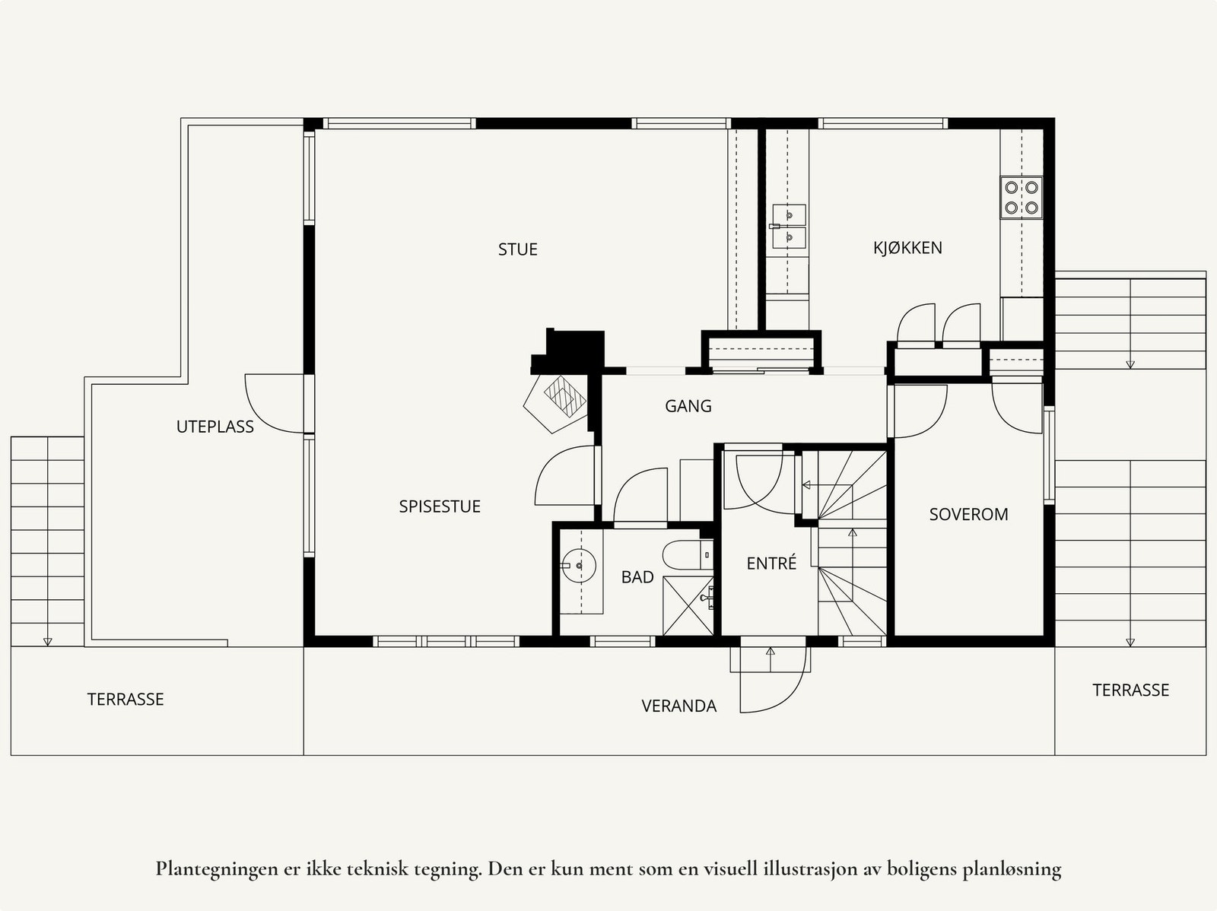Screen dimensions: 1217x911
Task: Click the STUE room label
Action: (517, 249)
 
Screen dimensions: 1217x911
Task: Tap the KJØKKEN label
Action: (907, 247)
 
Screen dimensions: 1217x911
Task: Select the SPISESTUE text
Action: (440, 506)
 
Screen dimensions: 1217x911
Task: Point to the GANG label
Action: (688, 406)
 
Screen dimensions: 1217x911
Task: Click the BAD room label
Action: (637, 577)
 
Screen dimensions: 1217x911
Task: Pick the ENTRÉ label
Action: (771, 563)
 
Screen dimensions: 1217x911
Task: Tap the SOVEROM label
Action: (968, 514)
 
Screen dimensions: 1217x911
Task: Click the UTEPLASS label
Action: (215, 427)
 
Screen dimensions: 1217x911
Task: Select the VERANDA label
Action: (678, 706)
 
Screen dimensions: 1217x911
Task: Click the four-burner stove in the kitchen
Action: (1022, 197)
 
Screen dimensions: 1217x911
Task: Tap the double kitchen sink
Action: (788, 226)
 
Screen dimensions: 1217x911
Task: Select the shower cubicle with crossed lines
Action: (688, 605)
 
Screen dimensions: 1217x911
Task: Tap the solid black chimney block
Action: (571, 352)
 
